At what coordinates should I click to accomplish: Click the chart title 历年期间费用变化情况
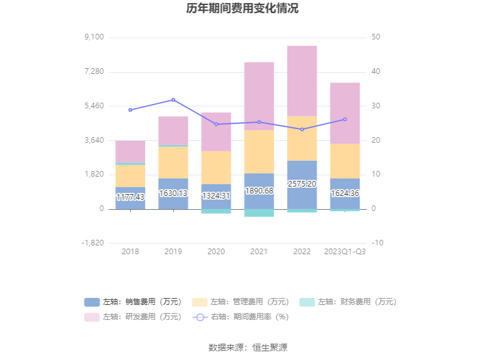242,9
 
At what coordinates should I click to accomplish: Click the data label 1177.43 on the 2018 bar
130,197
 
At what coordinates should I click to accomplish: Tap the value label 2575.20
302,184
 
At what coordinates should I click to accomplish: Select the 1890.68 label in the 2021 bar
259,191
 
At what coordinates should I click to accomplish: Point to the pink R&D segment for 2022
302,81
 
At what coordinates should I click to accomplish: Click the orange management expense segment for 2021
259,152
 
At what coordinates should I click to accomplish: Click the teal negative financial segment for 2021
259,213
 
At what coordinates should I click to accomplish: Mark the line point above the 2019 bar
173,100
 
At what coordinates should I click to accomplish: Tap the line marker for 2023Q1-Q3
345,120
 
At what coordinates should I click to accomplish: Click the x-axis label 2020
216,252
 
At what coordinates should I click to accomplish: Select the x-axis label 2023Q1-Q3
345,252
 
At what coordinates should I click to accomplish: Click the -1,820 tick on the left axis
93,243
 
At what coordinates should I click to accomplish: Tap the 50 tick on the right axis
375,38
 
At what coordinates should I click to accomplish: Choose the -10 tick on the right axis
377,243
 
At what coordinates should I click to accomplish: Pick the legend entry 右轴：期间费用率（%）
240,317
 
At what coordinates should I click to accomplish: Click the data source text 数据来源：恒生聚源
248,347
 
